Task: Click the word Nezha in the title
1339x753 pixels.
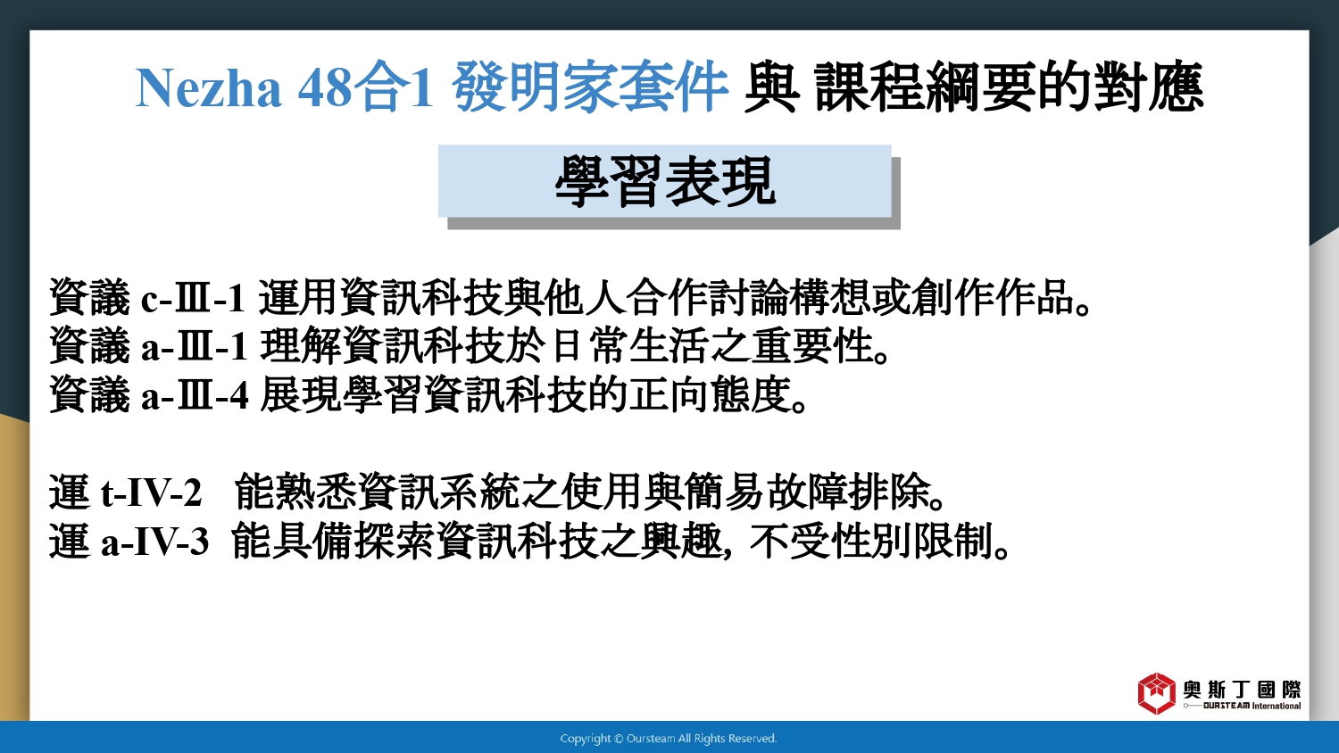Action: [208, 88]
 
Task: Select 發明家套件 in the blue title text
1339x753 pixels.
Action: [591, 87]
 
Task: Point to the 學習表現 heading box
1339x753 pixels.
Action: [665, 181]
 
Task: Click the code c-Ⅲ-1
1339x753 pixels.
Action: [193, 298]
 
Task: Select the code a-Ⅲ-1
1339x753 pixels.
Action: [195, 346]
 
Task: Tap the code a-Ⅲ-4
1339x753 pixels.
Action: [195, 395]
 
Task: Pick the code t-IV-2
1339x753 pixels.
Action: [151, 493]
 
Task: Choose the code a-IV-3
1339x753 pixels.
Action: [154, 542]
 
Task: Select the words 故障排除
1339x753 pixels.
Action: [849, 492]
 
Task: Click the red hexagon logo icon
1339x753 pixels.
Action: [1156, 694]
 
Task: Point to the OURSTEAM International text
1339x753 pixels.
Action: [1252, 706]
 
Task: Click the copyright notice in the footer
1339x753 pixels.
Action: [669, 739]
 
